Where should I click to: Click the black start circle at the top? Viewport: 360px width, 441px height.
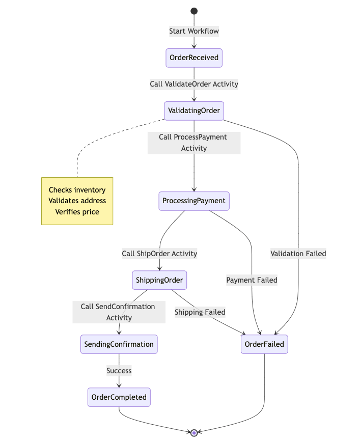tap(194, 11)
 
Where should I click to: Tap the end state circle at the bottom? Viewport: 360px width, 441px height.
tap(194, 433)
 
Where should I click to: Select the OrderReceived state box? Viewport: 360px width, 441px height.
tap(194, 58)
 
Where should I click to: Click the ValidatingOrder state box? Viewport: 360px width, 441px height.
tap(194, 111)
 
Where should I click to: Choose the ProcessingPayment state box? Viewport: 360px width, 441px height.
tap(194, 201)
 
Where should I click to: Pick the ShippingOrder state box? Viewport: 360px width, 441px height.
tap(160, 280)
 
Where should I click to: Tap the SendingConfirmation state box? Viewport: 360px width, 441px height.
tap(119, 344)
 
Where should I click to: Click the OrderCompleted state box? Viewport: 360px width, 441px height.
tap(119, 397)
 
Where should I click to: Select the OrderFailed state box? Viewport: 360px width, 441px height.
tap(264, 344)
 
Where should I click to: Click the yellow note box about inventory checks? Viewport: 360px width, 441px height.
tap(77, 201)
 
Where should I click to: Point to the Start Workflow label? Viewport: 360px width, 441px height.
tap(194, 31)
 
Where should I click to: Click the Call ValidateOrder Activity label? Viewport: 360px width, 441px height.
tap(194, 84)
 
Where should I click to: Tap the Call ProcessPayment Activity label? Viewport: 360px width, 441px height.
tap(193, 143)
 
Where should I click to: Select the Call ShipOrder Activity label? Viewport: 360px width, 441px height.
tap(159, 254)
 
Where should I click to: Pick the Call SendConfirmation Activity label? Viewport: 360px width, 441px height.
tap(119, 312)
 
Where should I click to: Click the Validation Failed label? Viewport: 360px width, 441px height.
tap(298, 254)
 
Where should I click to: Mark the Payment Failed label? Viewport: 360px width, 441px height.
tap(252, 280)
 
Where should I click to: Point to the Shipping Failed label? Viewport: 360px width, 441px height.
tap(200, 312)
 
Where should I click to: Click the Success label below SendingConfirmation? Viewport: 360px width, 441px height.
tap(119, 371)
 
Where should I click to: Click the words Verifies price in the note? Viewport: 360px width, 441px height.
tap(77, 212)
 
